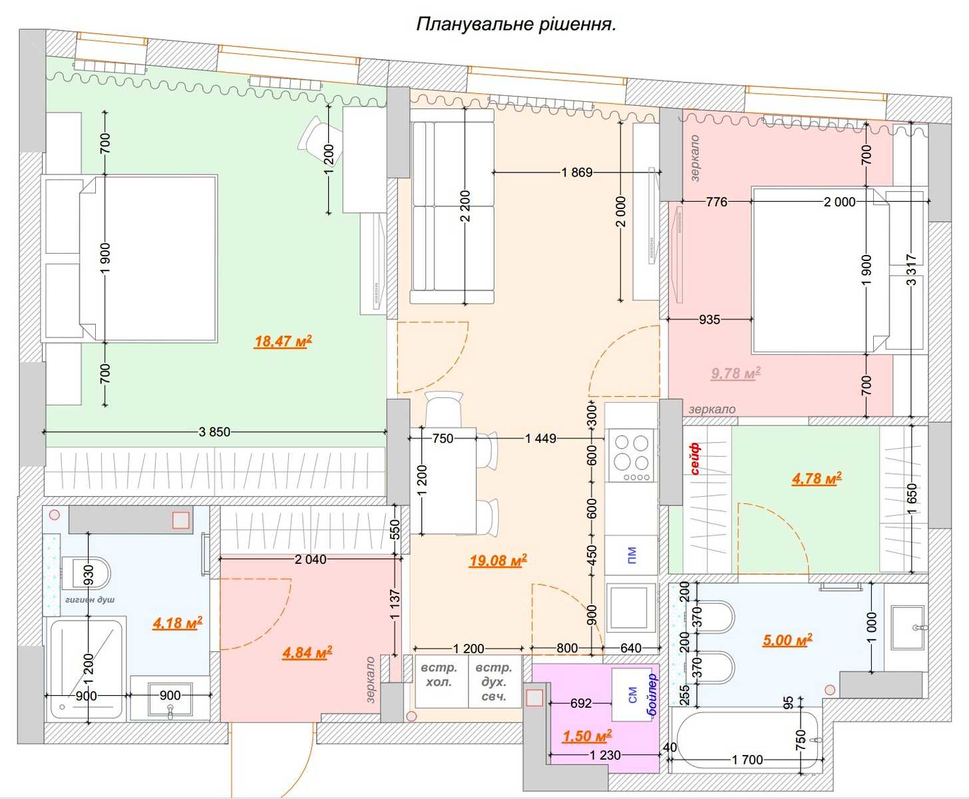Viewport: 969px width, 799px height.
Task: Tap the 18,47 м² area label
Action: click(x=283, y=341)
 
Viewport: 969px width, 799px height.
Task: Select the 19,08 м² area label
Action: click(x=498, y=561)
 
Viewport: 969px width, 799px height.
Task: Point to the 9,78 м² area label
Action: click(x=735, y=373)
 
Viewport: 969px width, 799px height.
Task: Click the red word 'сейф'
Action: click(x=695, y=459)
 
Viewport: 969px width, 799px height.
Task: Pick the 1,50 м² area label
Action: click(x=587, y=736)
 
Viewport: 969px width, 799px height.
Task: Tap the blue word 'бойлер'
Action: click(x=652, y=694)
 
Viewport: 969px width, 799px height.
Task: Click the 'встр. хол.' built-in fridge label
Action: click(x=439, y=674)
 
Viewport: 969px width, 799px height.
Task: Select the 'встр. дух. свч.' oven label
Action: click(x=494, y=682)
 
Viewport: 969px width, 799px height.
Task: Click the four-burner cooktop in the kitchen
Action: click(x=631, y=456)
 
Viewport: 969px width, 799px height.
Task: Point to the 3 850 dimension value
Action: click(x=214, y=431)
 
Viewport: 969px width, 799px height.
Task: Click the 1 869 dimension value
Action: click(x=577, y=172)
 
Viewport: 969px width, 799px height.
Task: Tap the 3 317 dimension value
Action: click(x=911, y=270)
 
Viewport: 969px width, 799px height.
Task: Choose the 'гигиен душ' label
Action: click(x=90, y=599)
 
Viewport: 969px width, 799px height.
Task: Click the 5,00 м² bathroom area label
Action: click(x=787, y=641)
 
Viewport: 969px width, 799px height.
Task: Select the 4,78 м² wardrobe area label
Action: click(x=817, y=479)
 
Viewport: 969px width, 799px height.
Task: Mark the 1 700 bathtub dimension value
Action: click(x=747, y=760)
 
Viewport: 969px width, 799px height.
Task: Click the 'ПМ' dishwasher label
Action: click(x=632, y=555)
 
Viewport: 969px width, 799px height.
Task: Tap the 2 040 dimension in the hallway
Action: click(x=311, y=559)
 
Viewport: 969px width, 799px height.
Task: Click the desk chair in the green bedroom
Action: click(x=313, y=133)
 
